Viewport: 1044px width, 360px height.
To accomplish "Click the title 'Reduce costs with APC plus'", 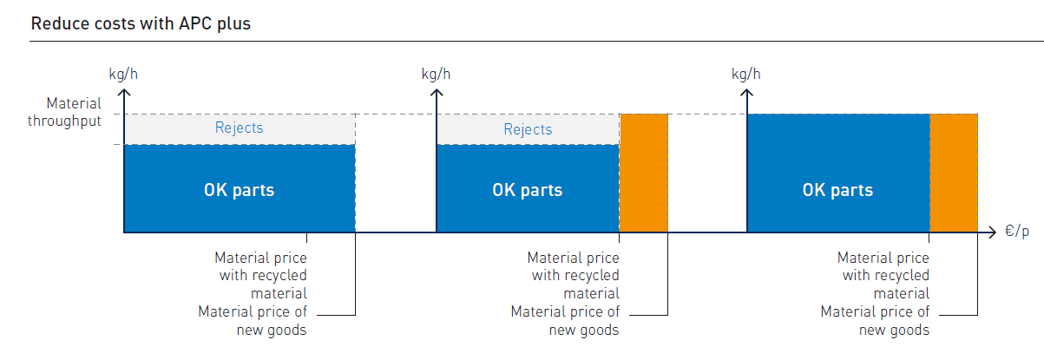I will click(x=141, y=23).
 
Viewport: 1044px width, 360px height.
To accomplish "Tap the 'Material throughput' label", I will click(x=64, y=112).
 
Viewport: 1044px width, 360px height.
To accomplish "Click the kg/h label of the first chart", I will click(x=123, y=73).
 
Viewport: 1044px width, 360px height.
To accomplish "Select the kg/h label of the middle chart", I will click(x=436, y=73).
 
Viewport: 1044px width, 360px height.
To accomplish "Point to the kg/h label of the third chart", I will click(x=746, y=73).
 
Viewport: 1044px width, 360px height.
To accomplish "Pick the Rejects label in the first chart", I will click(x=239, y=128).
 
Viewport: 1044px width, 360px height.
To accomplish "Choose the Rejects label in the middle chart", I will click(x=528, y=129).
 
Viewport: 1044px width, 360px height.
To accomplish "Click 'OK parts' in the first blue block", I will click(x=239, y=190).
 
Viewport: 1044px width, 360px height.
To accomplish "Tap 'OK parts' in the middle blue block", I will click(x=527, y=190).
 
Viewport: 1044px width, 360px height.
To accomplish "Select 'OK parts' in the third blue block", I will click(x=837, y=190).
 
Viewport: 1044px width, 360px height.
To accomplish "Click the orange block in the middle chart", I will click(x=644, y=173).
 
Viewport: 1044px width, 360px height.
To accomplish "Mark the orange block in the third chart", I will click(x=954, y=173).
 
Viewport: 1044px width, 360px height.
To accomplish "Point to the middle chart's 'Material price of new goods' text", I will click(x=565, y=320).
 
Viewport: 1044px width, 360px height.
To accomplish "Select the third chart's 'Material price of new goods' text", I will click(x=875, y=320).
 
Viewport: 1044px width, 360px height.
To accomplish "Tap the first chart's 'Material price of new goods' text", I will click(x=253, y=320).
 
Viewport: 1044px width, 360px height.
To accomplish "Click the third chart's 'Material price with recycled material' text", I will click(x=883, y=276).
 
